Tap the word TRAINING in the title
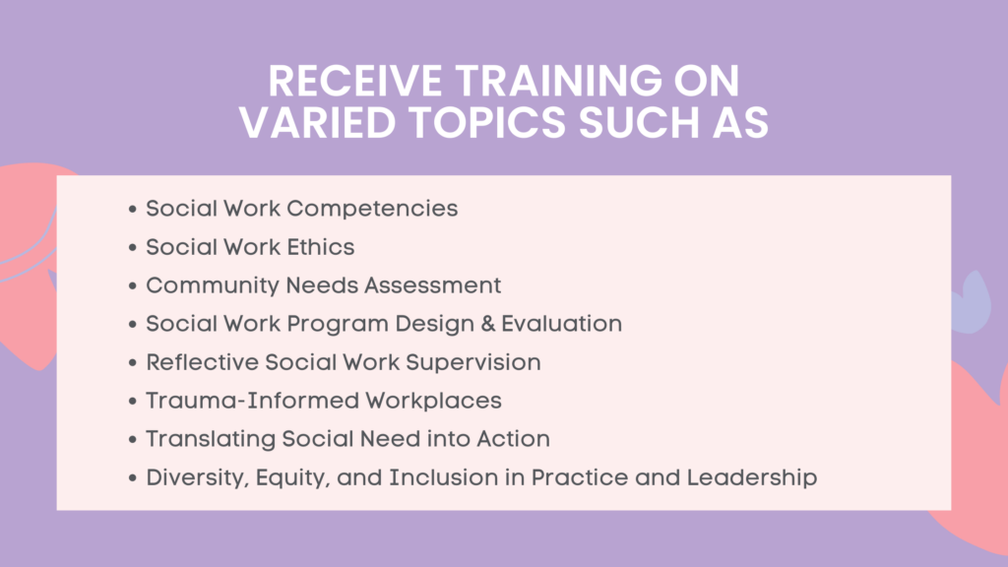coord(559,81)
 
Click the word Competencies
coord(372,210)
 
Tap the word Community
coord(213,286)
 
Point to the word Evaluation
coord(562,324)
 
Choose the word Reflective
coord(202,362)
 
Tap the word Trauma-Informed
coord(253,402)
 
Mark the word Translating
coord(211,440)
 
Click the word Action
coord(513,439)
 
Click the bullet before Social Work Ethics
coord(133,247)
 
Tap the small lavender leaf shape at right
coord(971,301)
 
